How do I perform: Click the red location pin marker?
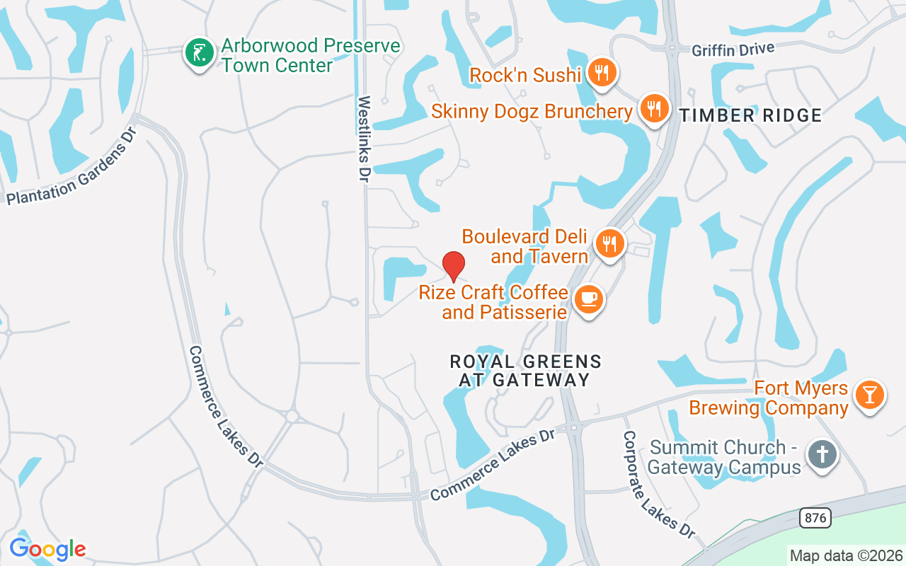453,266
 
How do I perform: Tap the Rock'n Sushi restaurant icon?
602,72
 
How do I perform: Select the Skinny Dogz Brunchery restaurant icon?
655,109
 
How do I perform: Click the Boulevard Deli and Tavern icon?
609,243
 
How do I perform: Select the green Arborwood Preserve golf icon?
200,53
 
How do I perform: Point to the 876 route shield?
815,518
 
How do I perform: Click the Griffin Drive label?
733,49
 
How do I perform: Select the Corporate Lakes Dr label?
659,485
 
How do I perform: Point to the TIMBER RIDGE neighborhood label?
751,115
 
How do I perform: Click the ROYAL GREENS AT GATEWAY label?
525,371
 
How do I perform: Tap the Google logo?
47,548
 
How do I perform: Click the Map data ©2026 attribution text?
846,555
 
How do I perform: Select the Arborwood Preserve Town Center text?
310,55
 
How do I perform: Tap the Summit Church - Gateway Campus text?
725,457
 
